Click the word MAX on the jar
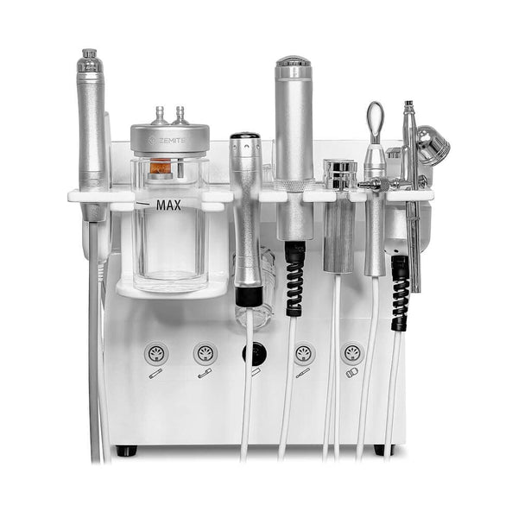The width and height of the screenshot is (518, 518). (x=168, y=205)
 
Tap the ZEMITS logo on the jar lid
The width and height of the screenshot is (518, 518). (x=166, y=141)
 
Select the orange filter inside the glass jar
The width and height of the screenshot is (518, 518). (x=161, y=166)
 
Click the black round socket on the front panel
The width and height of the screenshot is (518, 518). (x=255, y=355)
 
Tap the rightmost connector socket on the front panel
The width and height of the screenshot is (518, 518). (x=352, y=353)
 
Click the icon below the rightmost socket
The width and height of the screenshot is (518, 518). (x=352, y=373)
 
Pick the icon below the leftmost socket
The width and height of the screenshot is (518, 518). (x=155, y=374)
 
